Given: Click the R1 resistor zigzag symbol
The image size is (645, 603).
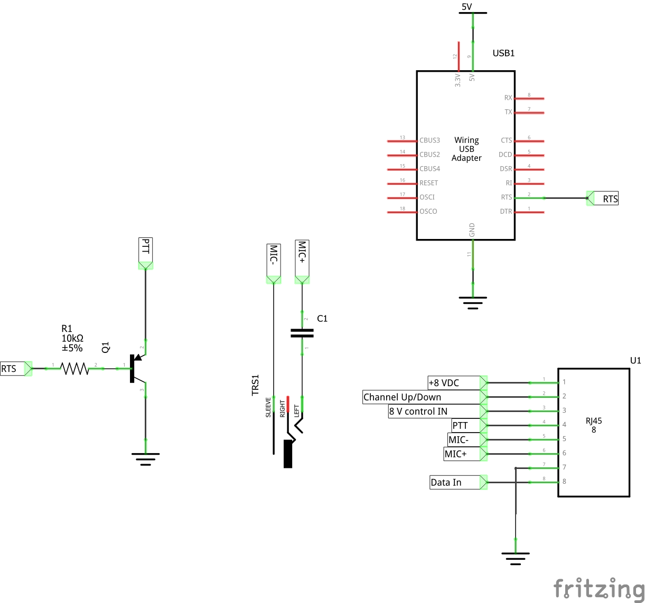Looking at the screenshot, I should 75,368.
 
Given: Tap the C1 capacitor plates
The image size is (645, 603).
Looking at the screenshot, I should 302,333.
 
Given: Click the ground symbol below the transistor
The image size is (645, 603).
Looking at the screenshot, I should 145,457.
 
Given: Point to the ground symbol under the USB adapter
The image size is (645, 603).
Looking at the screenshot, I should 473,302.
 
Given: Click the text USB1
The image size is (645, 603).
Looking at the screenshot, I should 503,53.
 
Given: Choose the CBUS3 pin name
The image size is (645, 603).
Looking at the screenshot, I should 429,141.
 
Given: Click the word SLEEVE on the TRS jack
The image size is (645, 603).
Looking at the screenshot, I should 268,407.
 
